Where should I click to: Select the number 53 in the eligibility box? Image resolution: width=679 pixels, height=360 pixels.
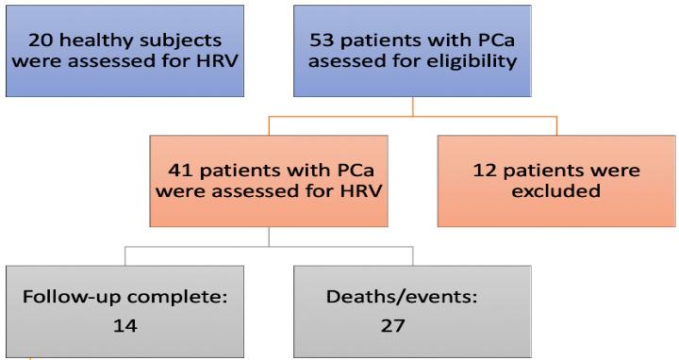coord(323,41)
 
